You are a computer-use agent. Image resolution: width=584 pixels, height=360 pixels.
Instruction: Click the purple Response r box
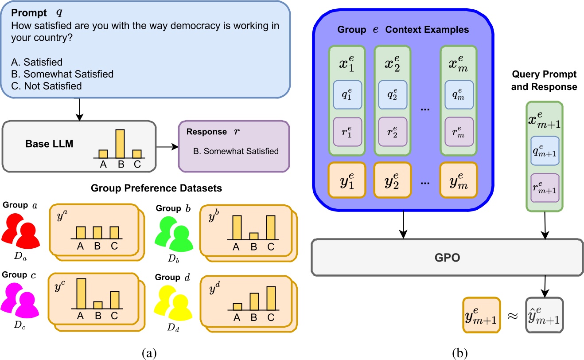pyautogui.click(x=234, y=147)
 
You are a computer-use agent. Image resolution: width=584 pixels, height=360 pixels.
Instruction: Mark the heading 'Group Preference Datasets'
pyautogui.click(x=156, y=188)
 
